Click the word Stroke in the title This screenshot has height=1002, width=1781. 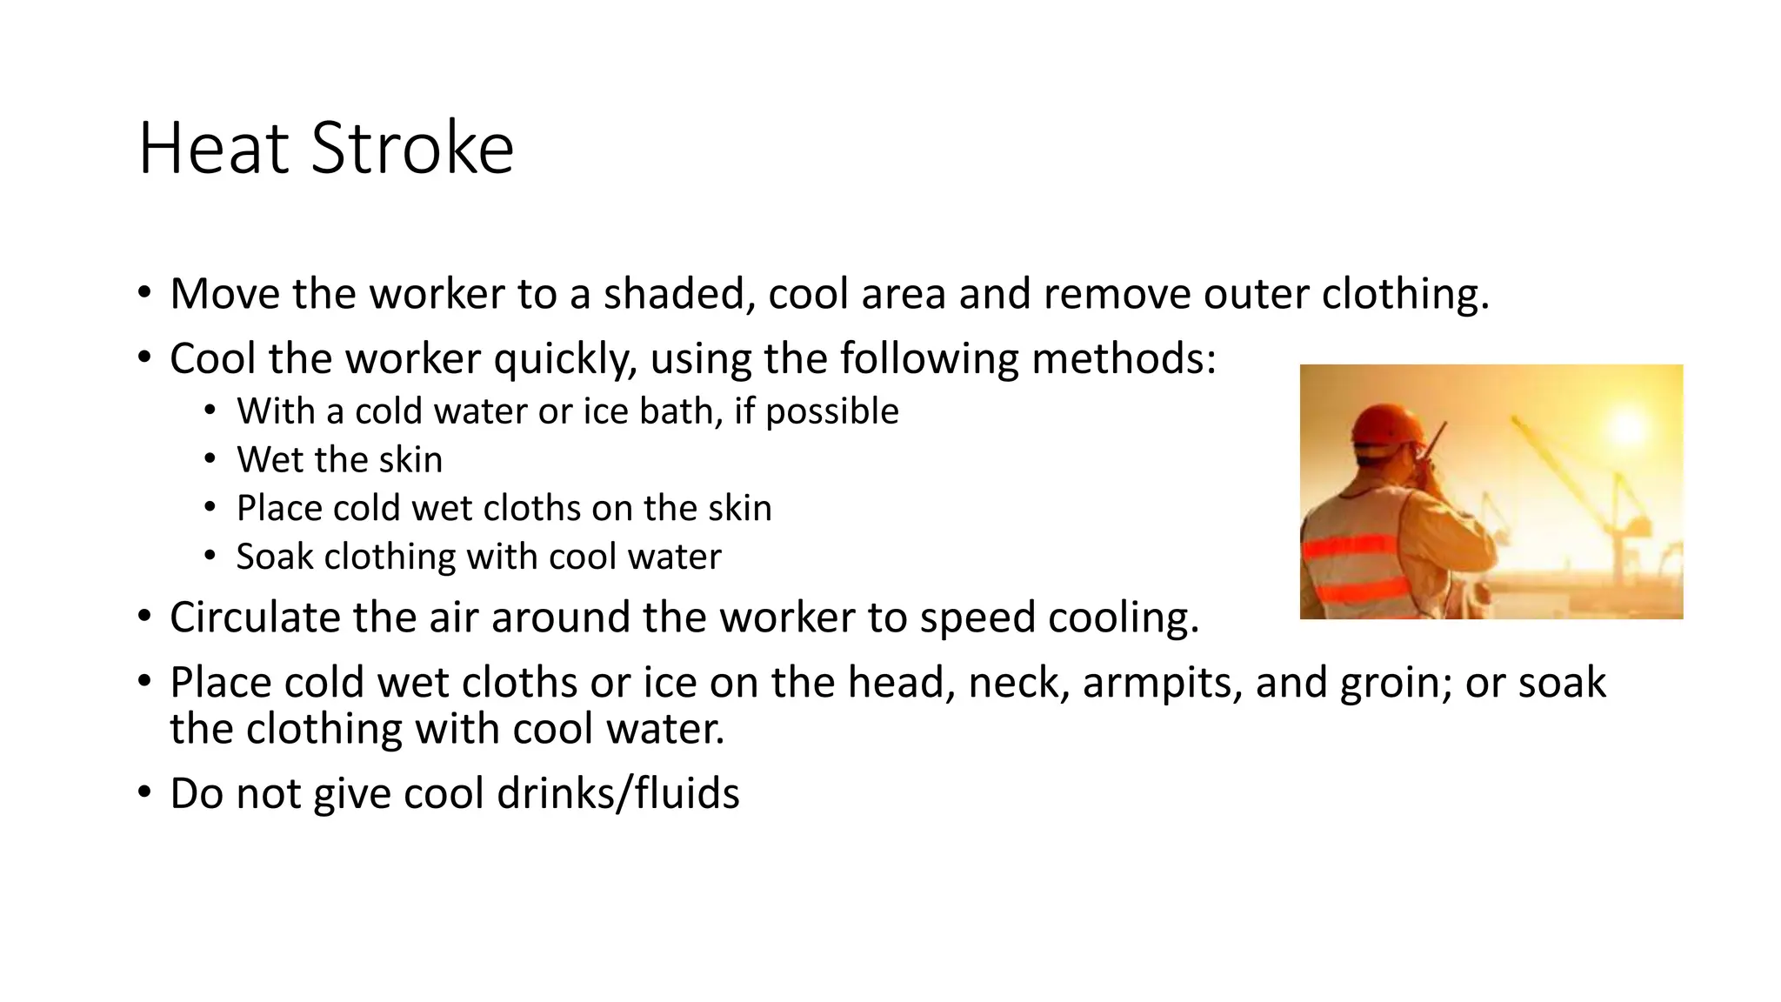point(412,148)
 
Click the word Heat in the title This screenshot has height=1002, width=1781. point(213,148)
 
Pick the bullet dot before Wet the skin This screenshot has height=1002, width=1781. point(210,459)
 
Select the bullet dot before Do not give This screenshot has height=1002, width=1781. point(144,792)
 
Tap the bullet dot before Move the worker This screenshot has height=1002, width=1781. point(144,292)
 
